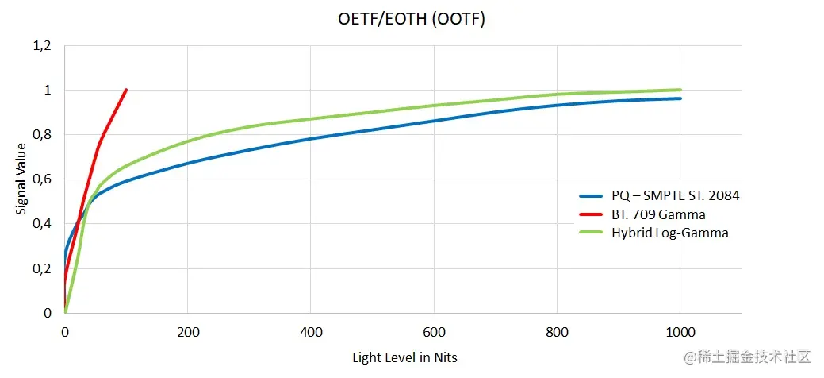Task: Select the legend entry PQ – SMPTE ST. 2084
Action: click(676, 195)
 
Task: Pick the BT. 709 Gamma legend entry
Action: click(658, 214)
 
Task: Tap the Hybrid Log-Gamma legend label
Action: click(669, 233)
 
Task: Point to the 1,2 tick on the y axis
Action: click(42, 46)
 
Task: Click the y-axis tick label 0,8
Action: click(42, 135)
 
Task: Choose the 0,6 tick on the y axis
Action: click(42, 179)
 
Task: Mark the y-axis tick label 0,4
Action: click(42, 224)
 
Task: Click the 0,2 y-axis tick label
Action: click(42, 268)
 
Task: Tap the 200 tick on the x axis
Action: click(187, 330)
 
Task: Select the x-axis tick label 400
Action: click(311, 330)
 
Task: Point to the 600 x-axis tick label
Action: click(434, 330)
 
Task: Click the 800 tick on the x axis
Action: click(557, 330)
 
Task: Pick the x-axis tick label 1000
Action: click(680, 330)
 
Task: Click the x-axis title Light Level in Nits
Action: click(404, 357)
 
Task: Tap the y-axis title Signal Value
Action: click(21, 179)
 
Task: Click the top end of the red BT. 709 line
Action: click(126, 90)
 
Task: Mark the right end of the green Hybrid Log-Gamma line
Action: click(680, 90)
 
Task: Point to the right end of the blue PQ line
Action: click(680, 98)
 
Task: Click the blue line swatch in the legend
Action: click(592, 195)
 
